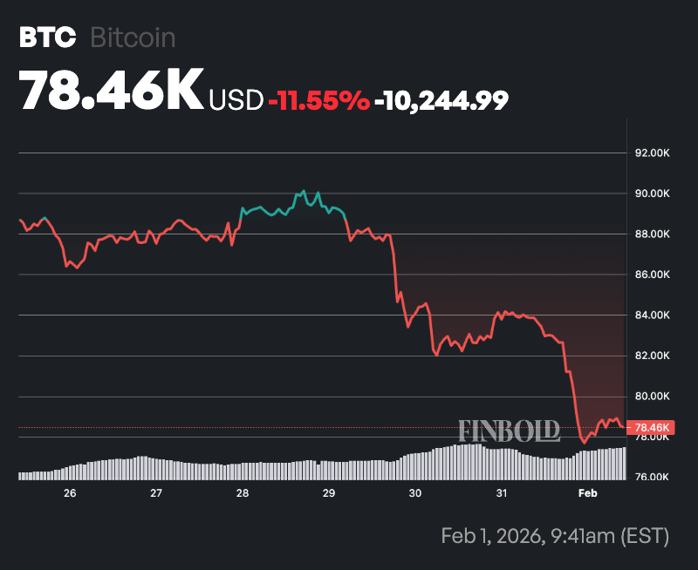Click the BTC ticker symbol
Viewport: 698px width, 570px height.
point(43,37)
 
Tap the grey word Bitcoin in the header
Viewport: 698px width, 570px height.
point(133,37)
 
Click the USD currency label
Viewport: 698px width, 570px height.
point(236,100)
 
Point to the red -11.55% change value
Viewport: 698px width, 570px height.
point(318,100)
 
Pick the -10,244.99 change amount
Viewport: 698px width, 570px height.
point(441,100)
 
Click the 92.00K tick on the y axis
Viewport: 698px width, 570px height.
point(652,153)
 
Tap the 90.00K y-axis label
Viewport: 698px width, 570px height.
point(652,193)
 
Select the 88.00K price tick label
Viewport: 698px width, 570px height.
point(652,234)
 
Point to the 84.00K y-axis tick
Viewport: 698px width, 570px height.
point(652,315)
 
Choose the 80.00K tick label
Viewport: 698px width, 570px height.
point(652,396)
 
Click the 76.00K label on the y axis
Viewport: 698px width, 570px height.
point(652,477)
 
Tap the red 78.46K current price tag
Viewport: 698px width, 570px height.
point(652,427)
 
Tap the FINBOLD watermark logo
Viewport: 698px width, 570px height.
point(510,431)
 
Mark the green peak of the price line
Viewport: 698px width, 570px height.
point(303,190)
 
